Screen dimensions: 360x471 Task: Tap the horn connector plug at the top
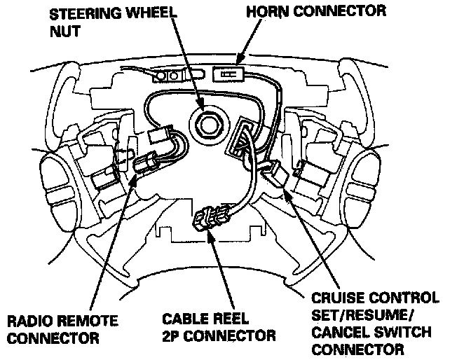[x=226, y=73]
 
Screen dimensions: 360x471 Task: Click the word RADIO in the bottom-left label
[x=31, y=322]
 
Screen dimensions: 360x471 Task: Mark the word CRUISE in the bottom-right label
[x=334, y=298]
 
